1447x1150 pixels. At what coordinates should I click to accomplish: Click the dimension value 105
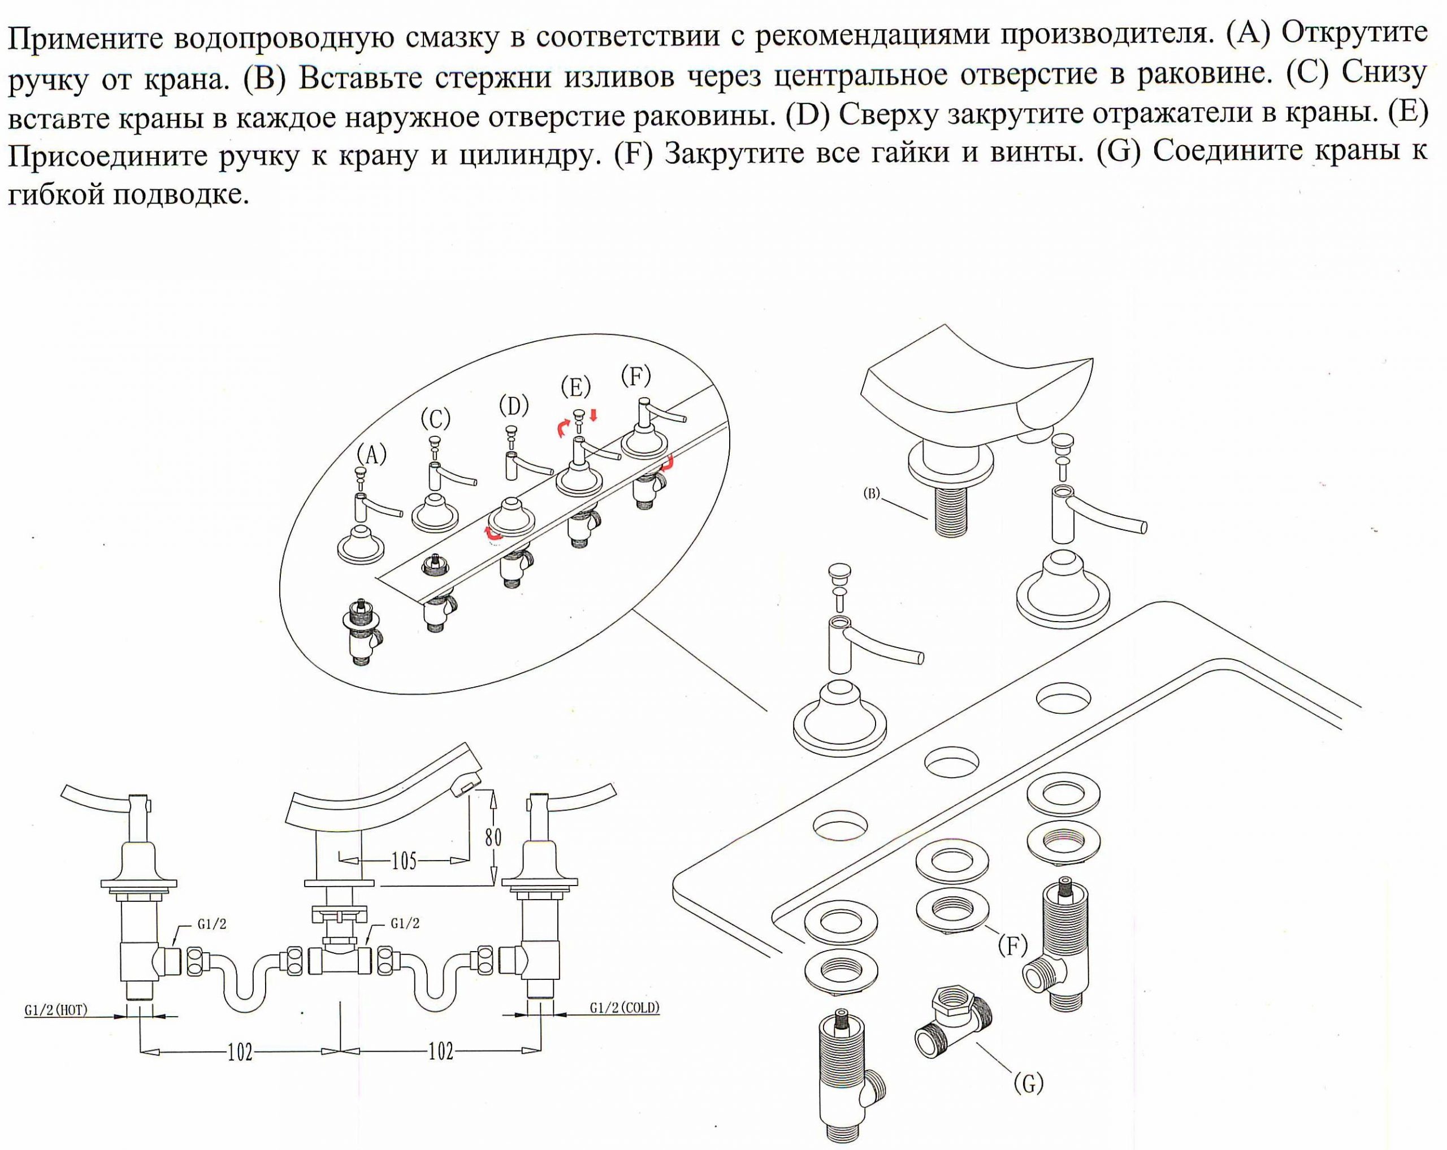click(x=404, y=861)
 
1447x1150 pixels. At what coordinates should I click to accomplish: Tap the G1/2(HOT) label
click(x=57, y=1010)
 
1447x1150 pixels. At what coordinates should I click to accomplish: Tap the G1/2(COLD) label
click(x=625, y=1007)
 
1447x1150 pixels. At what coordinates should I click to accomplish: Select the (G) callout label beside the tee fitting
click(x=1029, y=1083)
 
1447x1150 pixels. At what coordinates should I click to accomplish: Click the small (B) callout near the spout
click(x=871, y=494)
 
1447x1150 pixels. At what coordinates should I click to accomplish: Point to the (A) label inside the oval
click(x=372, y=455)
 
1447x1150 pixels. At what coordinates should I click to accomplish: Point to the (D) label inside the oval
click(x=514, y=406)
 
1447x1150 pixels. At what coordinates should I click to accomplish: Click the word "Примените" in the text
click(x=85, y=39)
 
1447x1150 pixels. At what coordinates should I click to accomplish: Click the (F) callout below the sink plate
click(x=1013, y=946)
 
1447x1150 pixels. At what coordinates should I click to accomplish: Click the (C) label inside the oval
click(x=436, y=419)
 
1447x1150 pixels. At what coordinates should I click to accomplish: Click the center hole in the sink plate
click(x=952, y=762)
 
